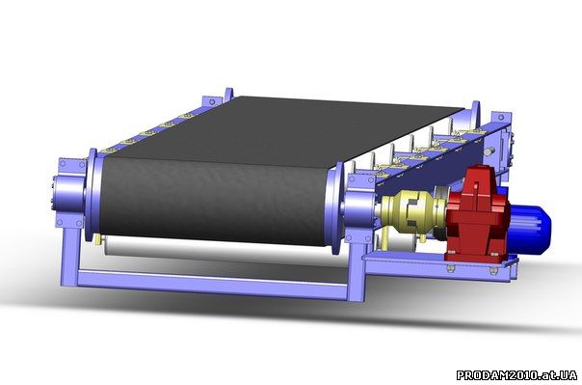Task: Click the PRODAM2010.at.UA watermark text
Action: [516, 374]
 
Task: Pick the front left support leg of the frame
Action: [69, 257]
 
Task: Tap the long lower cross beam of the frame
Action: [213, 283]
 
